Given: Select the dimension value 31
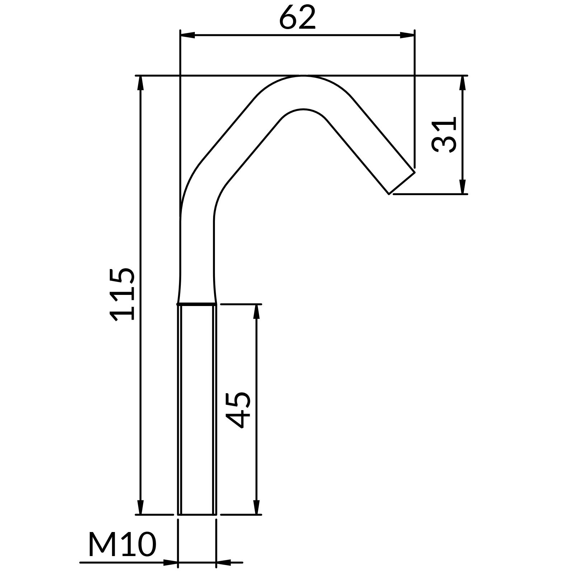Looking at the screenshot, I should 444,135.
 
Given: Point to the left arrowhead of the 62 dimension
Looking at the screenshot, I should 187,35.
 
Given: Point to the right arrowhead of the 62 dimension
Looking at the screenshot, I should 407,35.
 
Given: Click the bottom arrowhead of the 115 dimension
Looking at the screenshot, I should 141,507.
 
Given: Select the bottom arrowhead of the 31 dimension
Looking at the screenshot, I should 462,187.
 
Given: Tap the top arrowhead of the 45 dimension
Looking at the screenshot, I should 256,311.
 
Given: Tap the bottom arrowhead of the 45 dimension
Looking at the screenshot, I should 256,507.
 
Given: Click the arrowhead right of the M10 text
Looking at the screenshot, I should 170,563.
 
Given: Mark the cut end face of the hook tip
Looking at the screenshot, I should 402,183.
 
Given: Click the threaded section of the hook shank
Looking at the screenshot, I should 197,409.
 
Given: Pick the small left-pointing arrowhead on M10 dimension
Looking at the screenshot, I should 223,563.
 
